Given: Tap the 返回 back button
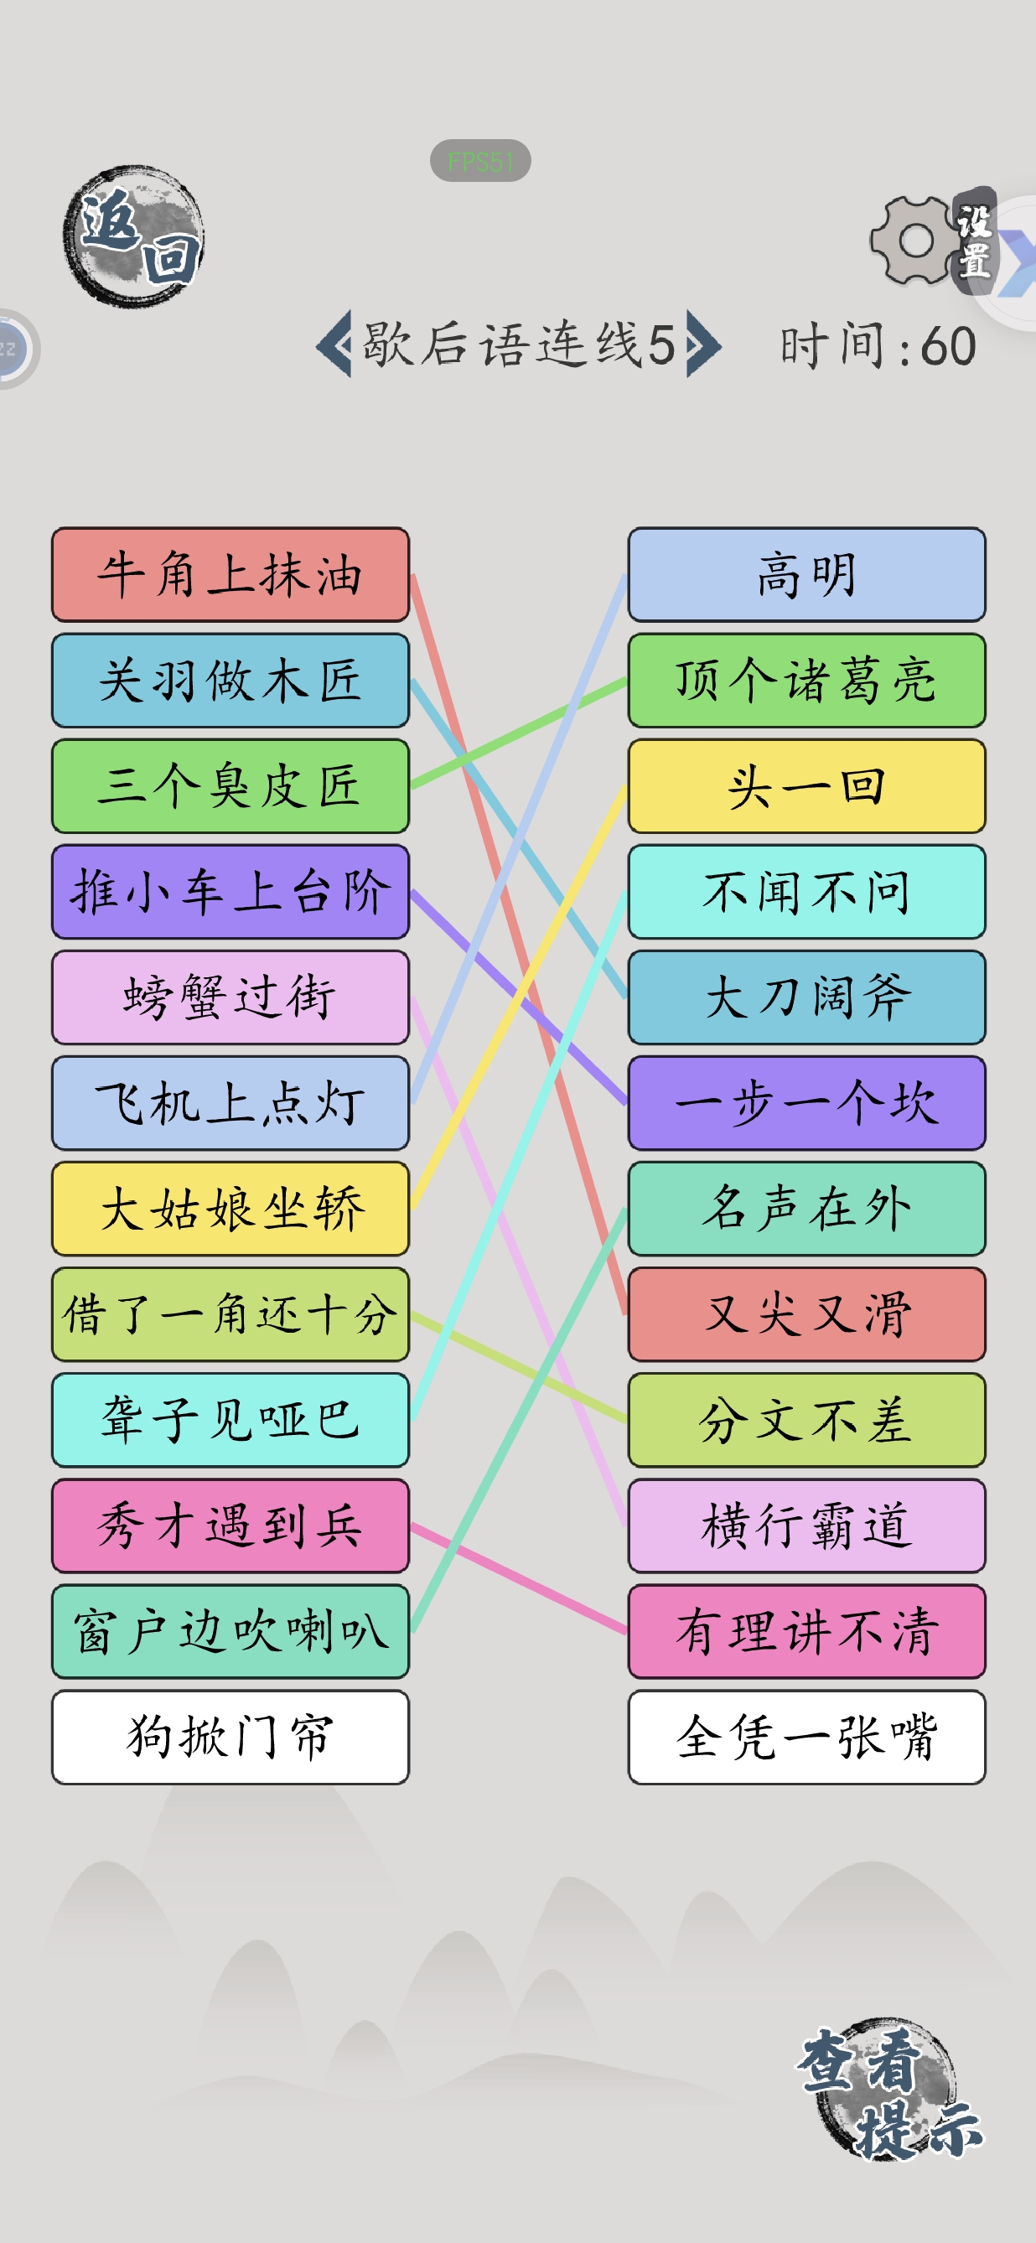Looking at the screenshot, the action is coord(134,236).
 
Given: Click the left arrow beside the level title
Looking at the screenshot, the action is coord(334,344).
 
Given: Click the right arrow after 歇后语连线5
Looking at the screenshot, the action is coord(703,344).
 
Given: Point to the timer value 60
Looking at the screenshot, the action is coord(948,346).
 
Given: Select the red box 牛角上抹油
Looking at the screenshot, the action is coord(231,575).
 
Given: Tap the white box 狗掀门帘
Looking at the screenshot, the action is coord(231,1737).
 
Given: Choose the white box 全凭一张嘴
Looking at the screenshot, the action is coord(807,1737).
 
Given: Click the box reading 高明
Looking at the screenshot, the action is coord(807,575).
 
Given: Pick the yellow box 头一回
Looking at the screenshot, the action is coord(807,786).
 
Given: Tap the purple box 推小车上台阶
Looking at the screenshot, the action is coord(231,892).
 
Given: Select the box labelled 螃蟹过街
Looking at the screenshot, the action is coord(231,997).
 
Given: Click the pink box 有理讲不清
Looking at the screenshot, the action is coord(807,1632).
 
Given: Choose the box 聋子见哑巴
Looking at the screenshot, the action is coord(231,1420).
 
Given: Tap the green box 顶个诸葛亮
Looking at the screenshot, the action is coord(807,680).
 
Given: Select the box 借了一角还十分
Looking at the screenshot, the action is coord(231,1315).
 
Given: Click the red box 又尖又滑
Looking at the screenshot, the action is coord(807,1315).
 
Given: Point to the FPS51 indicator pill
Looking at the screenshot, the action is coord(480,161).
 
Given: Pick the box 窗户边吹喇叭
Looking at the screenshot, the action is coord(231,1632).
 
